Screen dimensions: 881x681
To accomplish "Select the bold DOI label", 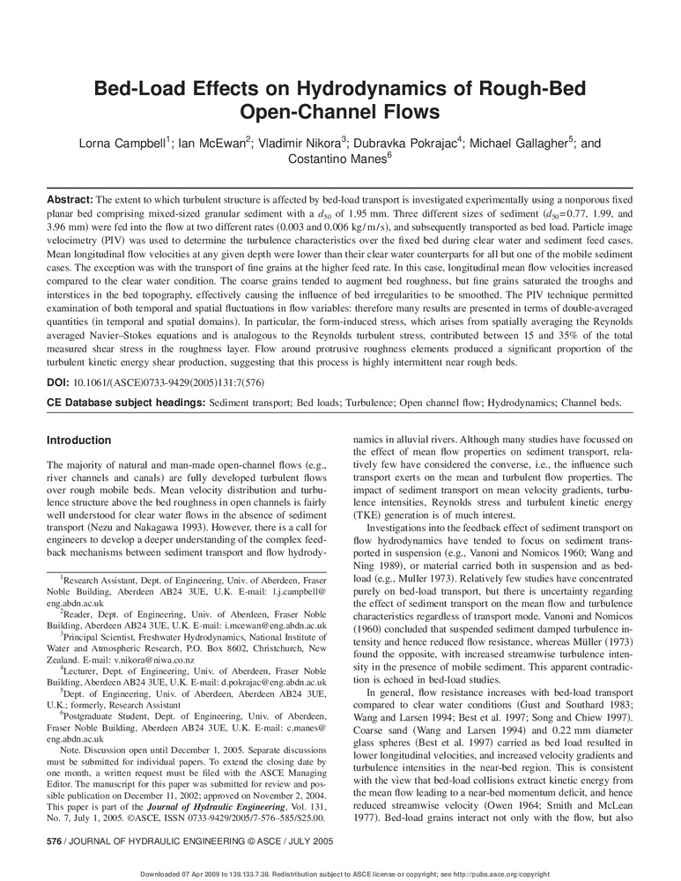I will pos(57,383).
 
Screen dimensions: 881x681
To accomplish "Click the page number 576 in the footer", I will pos(55,842).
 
